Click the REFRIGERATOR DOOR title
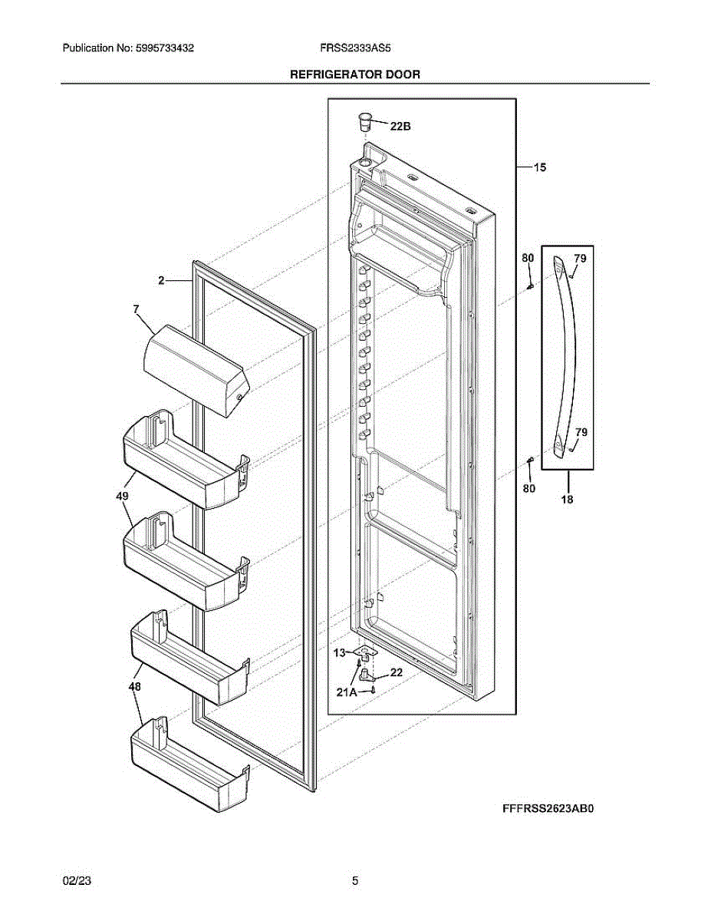click(x=354, y=74)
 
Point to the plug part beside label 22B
click(x=365, y=120)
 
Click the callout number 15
click(x=540, y=167)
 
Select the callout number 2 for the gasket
click(x=162, y=281)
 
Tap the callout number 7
click(x=136, y=309)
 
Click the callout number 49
click(x=123, y=497)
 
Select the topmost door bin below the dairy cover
click(x=184, y=460)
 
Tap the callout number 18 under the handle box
click(x=568, y=498)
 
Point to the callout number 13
click(x=338, y=653)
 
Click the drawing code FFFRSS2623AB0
click(x=548, y=808)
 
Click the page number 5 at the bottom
click(x=355, y=881)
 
